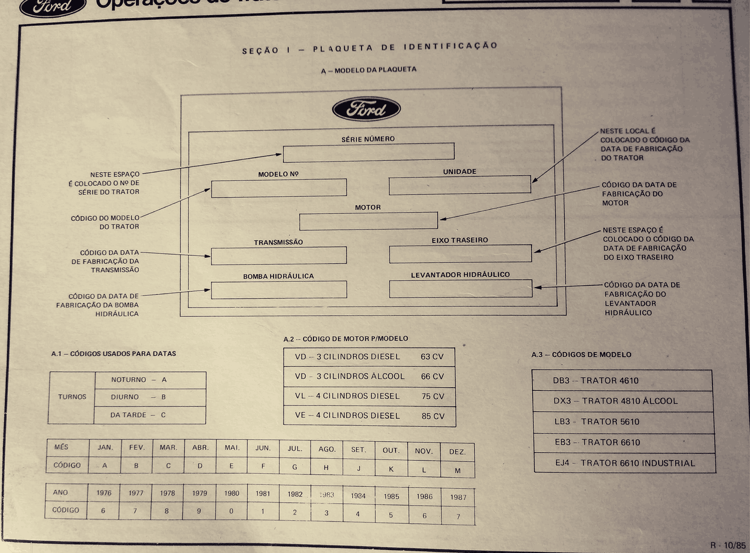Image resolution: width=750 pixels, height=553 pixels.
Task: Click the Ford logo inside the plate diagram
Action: click(366, 109)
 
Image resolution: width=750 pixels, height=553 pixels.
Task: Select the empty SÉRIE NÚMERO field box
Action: click(368, 152)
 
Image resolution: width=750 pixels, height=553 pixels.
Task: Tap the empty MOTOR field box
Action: click(368, 221)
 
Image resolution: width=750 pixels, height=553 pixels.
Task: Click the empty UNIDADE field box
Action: click(459, 185)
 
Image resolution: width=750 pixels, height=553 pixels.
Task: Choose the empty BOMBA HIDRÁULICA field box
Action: click(278, 290)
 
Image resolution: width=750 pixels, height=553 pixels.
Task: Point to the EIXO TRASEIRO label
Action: click(459, 240)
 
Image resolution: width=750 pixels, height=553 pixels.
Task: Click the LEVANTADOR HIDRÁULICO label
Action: click(460, 275)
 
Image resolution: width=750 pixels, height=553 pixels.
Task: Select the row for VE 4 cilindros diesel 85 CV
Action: click(369, 416)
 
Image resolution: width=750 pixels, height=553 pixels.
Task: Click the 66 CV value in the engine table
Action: click(432, 377)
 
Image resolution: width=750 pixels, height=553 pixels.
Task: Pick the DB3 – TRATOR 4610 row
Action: click(622, 381)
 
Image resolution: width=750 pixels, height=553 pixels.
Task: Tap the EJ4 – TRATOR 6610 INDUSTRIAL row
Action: click(625, 463)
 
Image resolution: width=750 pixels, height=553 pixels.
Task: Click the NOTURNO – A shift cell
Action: click(149, 380)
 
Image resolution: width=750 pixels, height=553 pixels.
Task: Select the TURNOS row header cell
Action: click(71, 397)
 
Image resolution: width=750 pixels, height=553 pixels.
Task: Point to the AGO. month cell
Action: click(326, 449)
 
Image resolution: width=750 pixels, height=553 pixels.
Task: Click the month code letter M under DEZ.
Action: click(457, 470)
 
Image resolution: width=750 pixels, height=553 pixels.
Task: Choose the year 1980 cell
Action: click(231, 493)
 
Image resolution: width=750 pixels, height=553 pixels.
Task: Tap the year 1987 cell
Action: click(458, 497)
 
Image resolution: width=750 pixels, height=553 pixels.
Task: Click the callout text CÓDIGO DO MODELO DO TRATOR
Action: click(105, 222)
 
